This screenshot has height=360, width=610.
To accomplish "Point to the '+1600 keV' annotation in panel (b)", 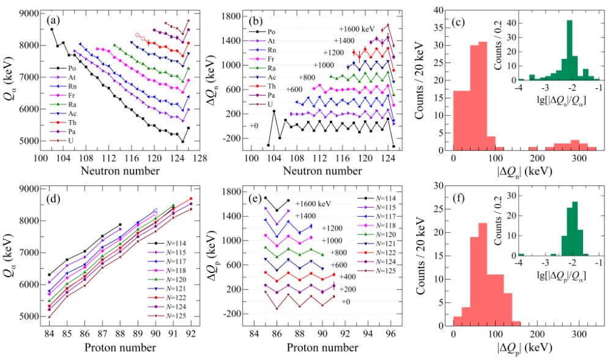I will [357, 28].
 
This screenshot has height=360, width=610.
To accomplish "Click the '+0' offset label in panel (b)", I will [255, 126].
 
